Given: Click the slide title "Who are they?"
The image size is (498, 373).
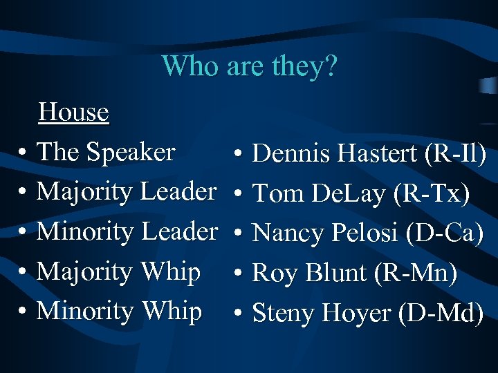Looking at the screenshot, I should pyautogui.click(x=249, y=66).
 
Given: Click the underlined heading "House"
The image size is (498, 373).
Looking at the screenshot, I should pyautogui.click(x=74, y=112).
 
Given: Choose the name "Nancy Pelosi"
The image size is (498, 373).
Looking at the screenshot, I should pyautogui.click(x=326, y=233).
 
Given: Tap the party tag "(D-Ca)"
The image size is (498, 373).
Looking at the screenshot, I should pyautogui.click(x=445, y=233).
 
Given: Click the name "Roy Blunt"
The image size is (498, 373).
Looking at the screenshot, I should pyautogui.click(x=309, y=274).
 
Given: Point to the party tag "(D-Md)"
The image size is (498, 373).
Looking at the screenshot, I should pyautogui.click(x=442, y=314).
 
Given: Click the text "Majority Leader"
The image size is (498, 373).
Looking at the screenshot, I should pyautogui.click(x=127, y=191).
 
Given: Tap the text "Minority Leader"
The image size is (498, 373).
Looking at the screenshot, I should pyautogui.click(x=127, y=231).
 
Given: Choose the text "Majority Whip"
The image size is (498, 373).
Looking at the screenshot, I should pyautogui.click(x=118, y=271).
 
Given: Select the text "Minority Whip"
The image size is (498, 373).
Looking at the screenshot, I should pyautogui.click(x=119, y=312).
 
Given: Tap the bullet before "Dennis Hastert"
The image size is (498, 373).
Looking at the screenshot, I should pyautogui.click(x=237, y=155).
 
